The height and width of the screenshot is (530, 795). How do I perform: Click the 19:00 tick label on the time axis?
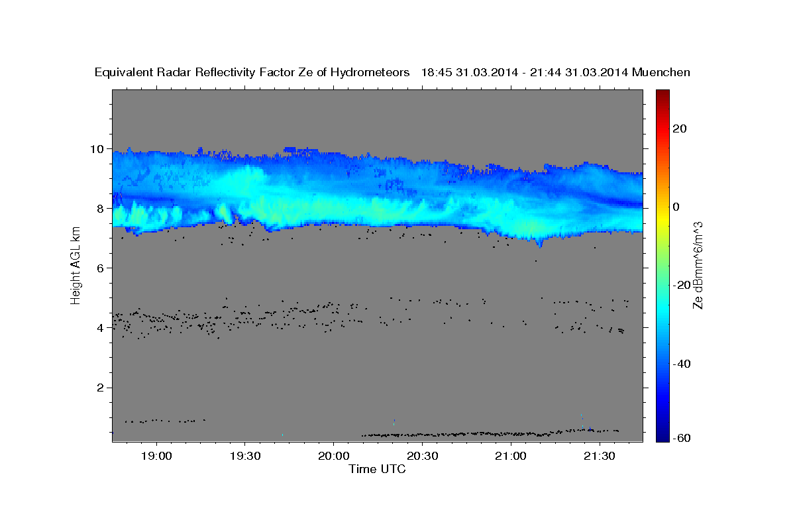(x=156, y=456)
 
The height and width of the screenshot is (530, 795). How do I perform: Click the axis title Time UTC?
(x=377, y=470)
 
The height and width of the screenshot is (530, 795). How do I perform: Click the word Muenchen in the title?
(x=661, y=72)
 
